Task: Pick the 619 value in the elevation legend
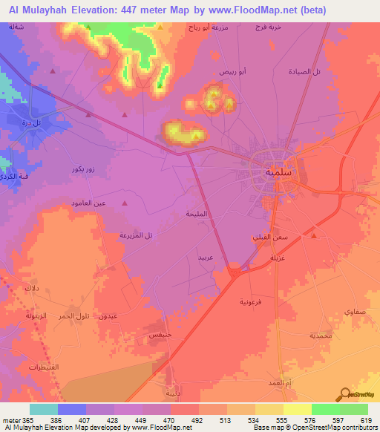(x=361, y=419)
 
